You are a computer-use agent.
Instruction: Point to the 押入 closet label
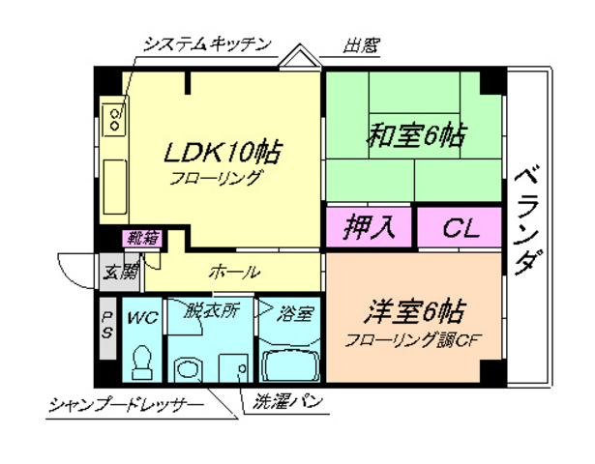pyautogui.click(x=371, y=228)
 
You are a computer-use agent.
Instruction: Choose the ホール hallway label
pyautogui.click(x=232, y=272)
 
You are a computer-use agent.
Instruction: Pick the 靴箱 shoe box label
pyautogui.click(x=141, y=238)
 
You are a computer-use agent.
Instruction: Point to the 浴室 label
pyautogui.click(x=295, y=313)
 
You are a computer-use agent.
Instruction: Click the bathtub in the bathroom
pyautogui.click(x=289, y=364)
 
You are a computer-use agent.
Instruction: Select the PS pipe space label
pyautogui.click(x=108, y=324)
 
